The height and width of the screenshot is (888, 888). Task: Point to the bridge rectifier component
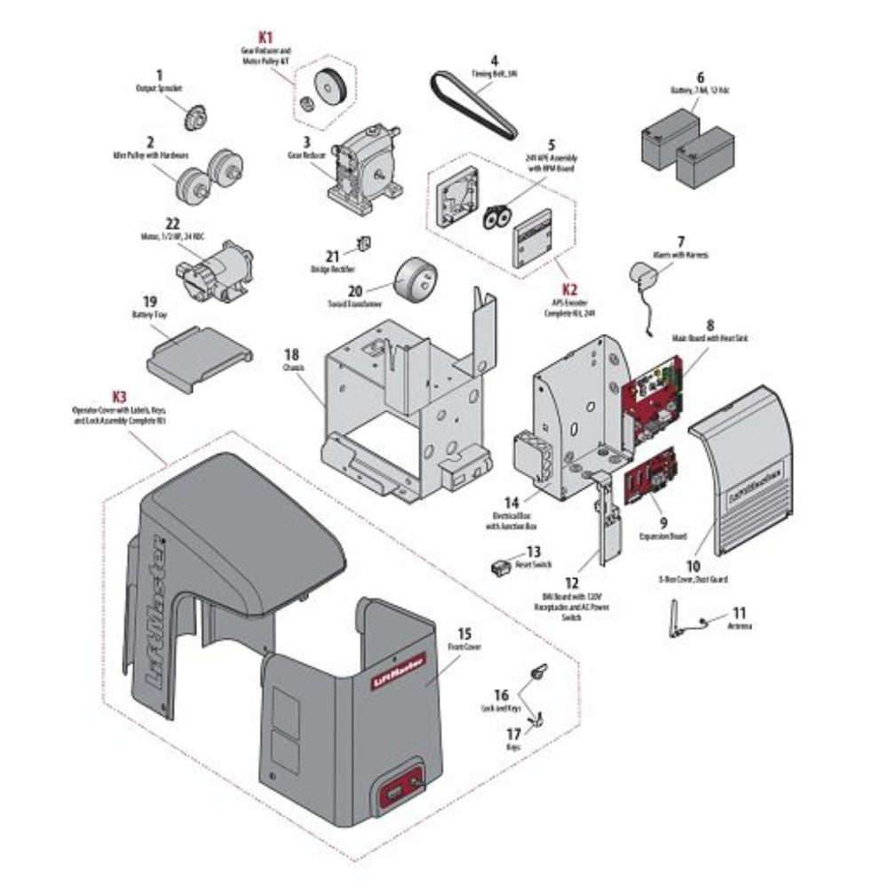click(361, 243)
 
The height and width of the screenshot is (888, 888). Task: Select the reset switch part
click(503, 565)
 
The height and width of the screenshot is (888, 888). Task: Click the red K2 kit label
click(569, 289)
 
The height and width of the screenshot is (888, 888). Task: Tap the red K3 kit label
click(120, 396)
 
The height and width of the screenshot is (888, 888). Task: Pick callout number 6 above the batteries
click(700, 77)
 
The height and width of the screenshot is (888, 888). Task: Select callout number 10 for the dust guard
click(694, 565)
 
